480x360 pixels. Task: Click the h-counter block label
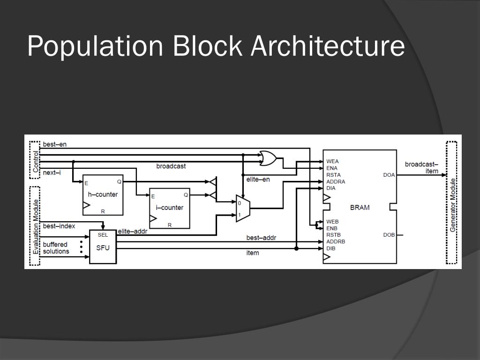click(x=103, y=194)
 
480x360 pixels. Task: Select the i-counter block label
click(x=169, y=208)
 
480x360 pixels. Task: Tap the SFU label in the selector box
click(x=103, y=247)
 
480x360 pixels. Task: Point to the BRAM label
click(x=360, y=208)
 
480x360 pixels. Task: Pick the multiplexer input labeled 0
click(x=239, y=203)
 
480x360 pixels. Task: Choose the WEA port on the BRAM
click(x=332, y=161)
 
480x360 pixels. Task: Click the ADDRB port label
click(x=336, y=241)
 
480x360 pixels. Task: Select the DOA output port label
click(x=389, y=175)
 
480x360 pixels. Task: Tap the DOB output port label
click(x=389, y=235)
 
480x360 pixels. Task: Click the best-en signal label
click(x=54, y=144)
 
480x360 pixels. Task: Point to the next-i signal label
click(x=52, y=172)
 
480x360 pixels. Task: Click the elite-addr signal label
click(x=132, y=231)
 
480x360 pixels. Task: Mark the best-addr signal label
click(x=261, y=238)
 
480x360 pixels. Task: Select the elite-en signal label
click(x=258, y=179)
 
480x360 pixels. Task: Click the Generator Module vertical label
click(x=453, y=204)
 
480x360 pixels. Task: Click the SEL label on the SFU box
click(x=103, y=235)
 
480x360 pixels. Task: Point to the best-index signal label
click(x=59, y=226)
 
